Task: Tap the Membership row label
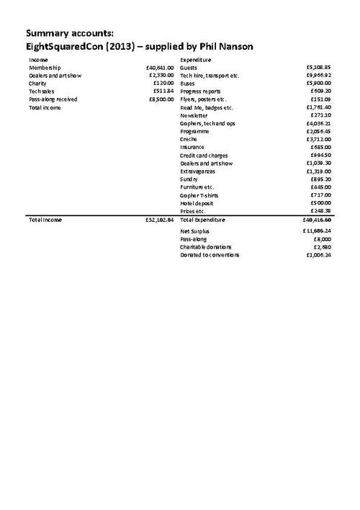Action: (x=45, y=68)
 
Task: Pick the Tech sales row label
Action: (x=42, y=91)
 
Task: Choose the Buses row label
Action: (x=188, y=84)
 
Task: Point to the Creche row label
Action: (x=189, y=139)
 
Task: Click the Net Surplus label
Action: (x=194, y=231)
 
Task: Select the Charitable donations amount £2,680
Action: (x=319, y=246)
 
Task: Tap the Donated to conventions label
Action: (x=210, y=254)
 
